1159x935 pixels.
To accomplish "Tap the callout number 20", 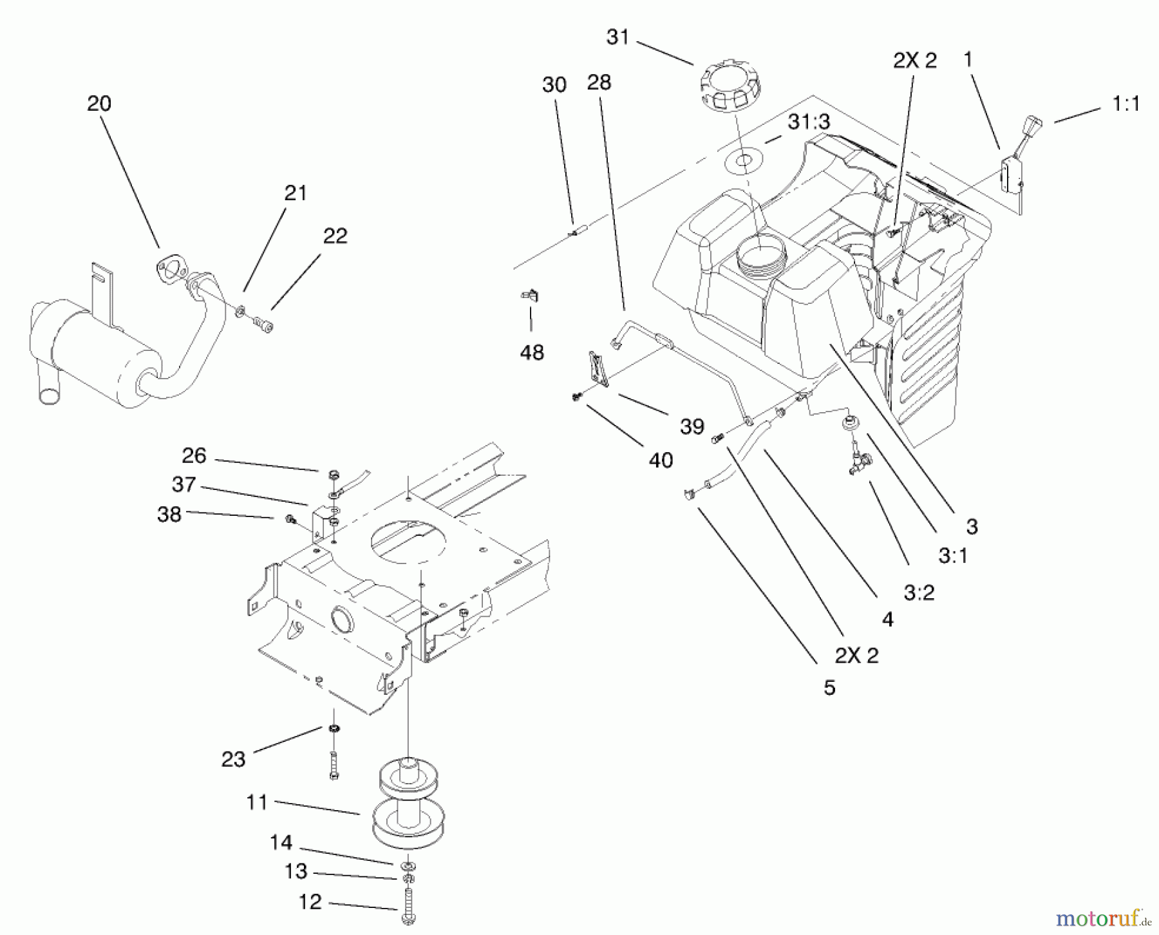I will (x=99, y=104).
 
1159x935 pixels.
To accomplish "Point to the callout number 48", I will (x=532, y=352).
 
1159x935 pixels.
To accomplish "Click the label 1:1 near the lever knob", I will (x=1126, y=104).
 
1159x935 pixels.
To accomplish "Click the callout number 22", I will (x=335, y=236).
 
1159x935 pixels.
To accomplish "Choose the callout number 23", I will (x=233, y=760).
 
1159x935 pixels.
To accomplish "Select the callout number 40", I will (x=661, y=460).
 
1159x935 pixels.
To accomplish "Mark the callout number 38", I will (x=169, y=515).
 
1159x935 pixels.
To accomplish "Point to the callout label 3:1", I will (x=953, y=556).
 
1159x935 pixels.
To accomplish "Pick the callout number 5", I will (x=829, y=688).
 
